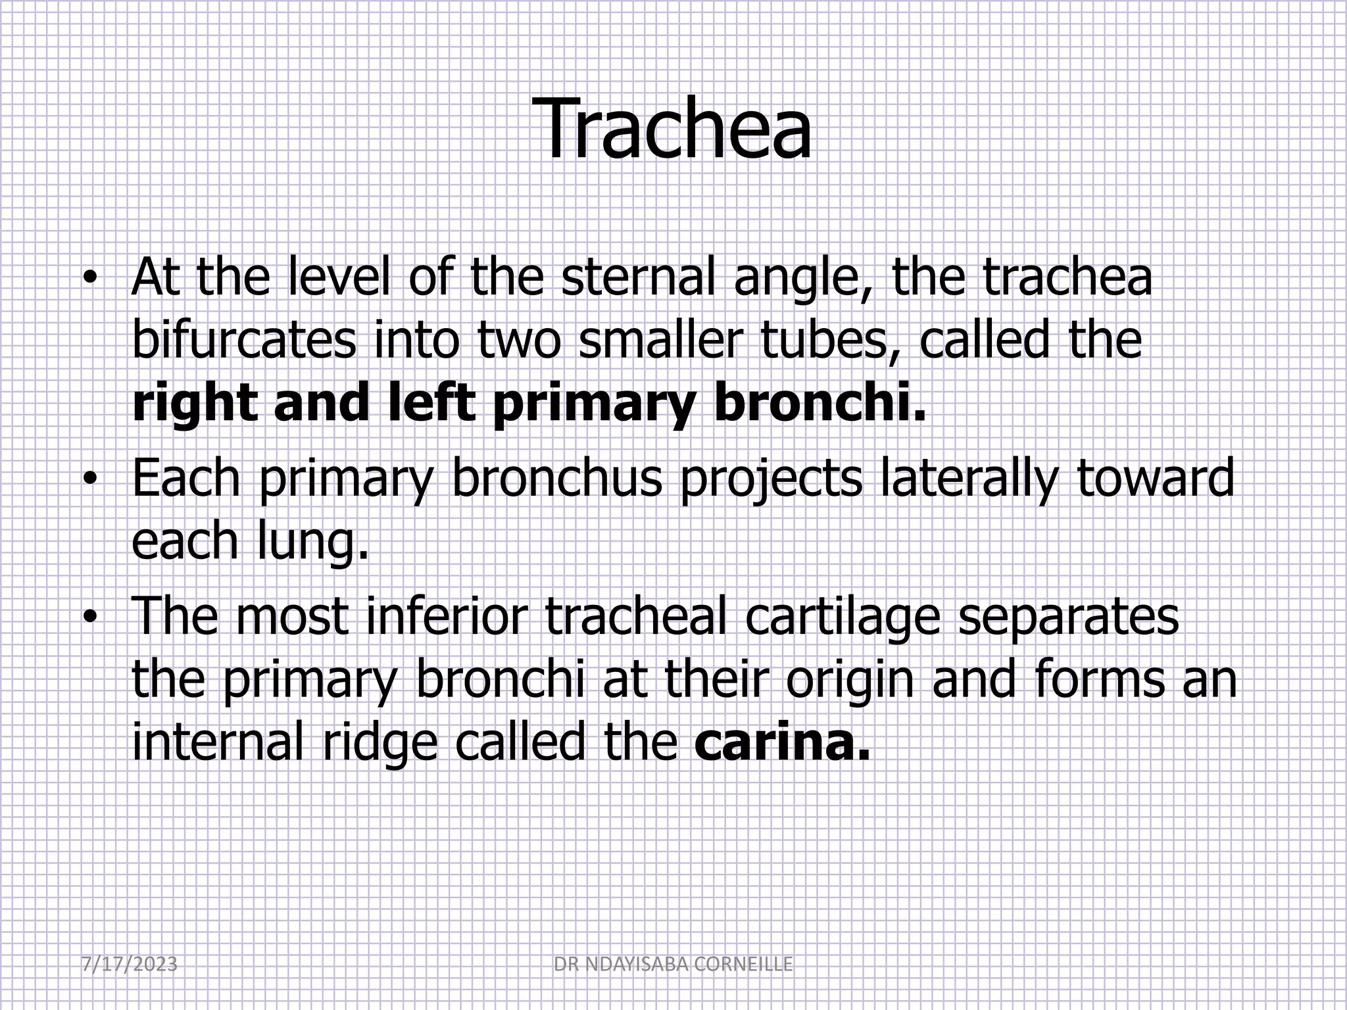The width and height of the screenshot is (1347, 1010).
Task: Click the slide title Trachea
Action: [x=675, y=128]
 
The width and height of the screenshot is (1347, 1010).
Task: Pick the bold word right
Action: [x=195, y=405]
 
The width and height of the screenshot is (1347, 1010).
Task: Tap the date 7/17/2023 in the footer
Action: [x=130, y=965]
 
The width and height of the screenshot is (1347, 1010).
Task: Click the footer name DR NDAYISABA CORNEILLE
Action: [x=673, y=965]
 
